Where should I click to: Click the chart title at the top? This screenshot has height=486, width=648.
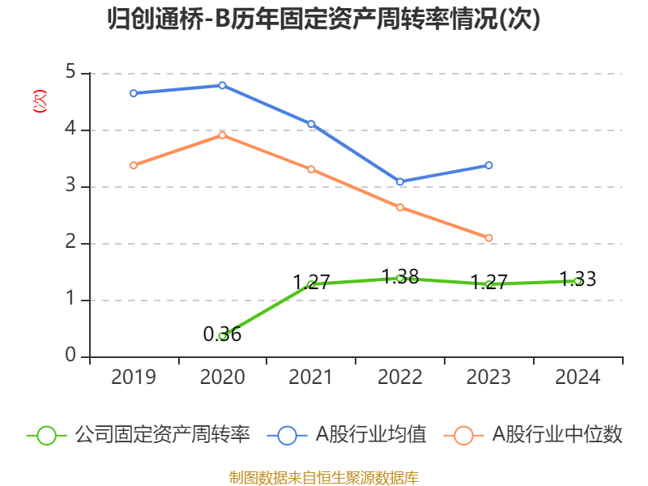(324, 20)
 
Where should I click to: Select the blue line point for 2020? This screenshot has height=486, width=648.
(222, 85)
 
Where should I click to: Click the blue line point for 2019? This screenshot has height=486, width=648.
(134, 93)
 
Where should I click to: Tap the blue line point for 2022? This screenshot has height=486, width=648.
(400, 181)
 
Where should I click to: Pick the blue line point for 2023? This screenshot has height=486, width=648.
(489, 165)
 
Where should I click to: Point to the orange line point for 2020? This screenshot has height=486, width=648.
(222, 134)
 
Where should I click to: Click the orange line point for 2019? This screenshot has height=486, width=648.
(134, 165)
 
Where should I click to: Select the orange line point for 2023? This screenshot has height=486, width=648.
(489, 237)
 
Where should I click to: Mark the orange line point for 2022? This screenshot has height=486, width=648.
(400, 207)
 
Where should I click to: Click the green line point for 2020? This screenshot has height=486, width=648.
(222, 335)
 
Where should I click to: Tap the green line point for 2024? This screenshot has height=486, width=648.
(578, 281)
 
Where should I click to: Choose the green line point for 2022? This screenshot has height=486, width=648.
(400, 278)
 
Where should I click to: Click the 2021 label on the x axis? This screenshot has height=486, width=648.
(311, 377)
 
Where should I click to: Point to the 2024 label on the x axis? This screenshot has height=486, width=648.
(578, 377)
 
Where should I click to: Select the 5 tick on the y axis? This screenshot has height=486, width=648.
(70, 73)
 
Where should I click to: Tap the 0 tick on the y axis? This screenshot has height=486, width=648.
(70, 356)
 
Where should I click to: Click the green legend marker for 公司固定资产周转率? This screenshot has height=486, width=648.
(46, 435)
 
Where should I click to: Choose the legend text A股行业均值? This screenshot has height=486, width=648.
(371, 435)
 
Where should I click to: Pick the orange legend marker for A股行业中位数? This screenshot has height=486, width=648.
(463, 435)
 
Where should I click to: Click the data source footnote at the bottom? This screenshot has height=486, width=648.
(324, 477)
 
